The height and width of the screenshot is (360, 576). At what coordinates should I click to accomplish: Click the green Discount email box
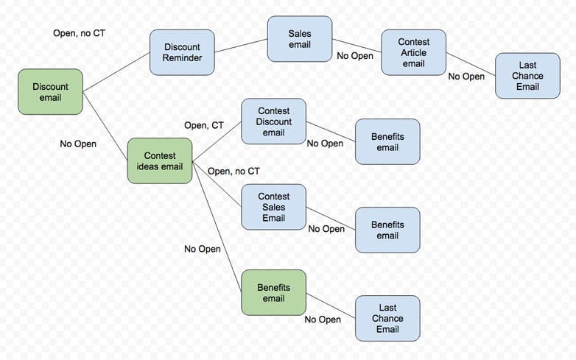[x=50, y=91]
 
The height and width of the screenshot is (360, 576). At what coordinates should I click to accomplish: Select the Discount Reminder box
[x=182, y=52]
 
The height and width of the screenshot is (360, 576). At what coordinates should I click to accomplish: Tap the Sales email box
[x=299, y=40]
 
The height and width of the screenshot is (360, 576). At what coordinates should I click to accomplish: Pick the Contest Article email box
[x=413, y=52]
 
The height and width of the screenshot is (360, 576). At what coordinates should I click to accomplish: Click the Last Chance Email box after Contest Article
[x=527, y=76]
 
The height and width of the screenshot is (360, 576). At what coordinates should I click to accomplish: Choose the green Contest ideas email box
[x=160, y=160]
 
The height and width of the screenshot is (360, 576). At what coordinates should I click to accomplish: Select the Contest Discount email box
[x=273, y=121]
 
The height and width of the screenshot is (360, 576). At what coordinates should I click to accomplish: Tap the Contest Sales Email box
[x=273, y=207]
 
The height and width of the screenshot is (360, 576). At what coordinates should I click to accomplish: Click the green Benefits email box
[x=273, y=292]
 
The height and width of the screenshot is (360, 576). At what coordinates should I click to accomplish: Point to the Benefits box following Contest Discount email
[x=387, y=141]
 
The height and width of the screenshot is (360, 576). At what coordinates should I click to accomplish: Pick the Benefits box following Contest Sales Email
[x=387, y=230]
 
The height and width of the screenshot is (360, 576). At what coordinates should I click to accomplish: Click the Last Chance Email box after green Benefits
[x=387, y=318]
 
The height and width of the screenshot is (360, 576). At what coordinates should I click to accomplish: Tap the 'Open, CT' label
[x=203, y=126]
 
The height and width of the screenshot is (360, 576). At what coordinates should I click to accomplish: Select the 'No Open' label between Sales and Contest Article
[x=355, y=55]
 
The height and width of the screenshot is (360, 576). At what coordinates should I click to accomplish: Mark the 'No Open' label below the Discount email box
[x=78, y=144]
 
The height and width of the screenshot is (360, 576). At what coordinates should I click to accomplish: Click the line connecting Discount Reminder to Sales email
[x=241, y=46]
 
